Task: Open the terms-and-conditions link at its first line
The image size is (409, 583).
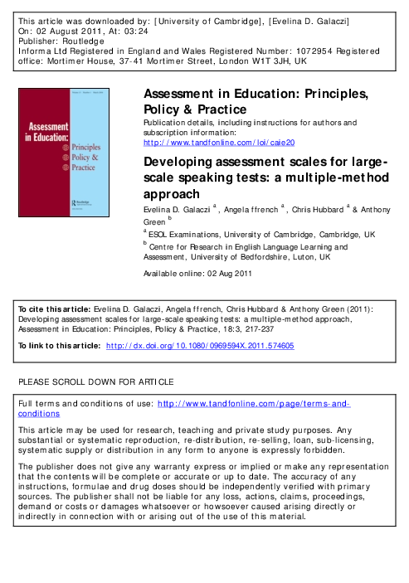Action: click(x=253, y=403)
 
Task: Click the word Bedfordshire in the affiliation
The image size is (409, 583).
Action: click(x=285, y=257)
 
